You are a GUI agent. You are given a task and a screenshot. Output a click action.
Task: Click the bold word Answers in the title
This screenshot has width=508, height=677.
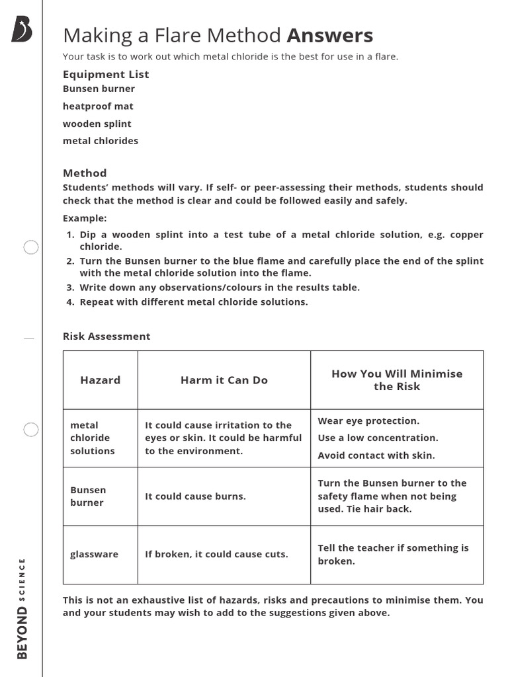(x=329, y=35)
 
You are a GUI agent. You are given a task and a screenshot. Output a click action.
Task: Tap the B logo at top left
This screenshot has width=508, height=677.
(x=21, y=30)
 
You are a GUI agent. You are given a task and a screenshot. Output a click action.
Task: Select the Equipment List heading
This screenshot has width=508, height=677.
(x=106, y=74)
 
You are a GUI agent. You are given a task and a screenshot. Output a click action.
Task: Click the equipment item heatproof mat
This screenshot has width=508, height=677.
(x=98, y=106)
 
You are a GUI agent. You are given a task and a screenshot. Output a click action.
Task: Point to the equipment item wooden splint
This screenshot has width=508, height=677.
(x=97, y=124)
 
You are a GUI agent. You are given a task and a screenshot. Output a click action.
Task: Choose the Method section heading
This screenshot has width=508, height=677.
(x=85, y=173)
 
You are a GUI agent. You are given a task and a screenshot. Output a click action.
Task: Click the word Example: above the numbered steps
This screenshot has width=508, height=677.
(x=85, y=218)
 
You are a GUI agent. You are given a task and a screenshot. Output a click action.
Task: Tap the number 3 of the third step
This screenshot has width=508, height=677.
(x=69, y=288)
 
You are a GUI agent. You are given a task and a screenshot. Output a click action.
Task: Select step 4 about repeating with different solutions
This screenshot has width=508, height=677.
(x=193, y=302)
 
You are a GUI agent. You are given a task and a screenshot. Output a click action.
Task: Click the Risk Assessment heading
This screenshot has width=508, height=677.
(x=106, y=337)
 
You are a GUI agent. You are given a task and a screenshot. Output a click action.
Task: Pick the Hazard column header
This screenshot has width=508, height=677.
(x=101, y=380)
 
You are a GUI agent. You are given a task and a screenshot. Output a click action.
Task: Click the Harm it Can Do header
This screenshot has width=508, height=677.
(x=224, y=380)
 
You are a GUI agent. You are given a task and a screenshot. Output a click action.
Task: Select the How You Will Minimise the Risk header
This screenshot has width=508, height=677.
(x=397, y=380)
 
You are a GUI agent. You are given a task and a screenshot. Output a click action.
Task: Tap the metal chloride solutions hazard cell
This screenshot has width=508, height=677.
(x=93, y=438)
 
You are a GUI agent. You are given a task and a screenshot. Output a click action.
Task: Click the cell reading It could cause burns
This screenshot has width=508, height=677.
(x=195, y=497)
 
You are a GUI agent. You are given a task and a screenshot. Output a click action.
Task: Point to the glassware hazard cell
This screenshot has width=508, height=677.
(x=94, y=554)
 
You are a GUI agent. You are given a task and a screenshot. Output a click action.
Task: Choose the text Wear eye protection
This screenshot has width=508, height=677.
(x=368, y=421)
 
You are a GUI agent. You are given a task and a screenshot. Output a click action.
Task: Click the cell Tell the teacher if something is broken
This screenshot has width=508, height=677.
(x=393, y=554)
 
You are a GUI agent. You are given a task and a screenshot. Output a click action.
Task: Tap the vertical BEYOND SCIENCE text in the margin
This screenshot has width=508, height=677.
(x=22, y=608)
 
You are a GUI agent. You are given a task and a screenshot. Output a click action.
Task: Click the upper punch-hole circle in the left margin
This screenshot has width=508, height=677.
(x=31, y=248)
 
